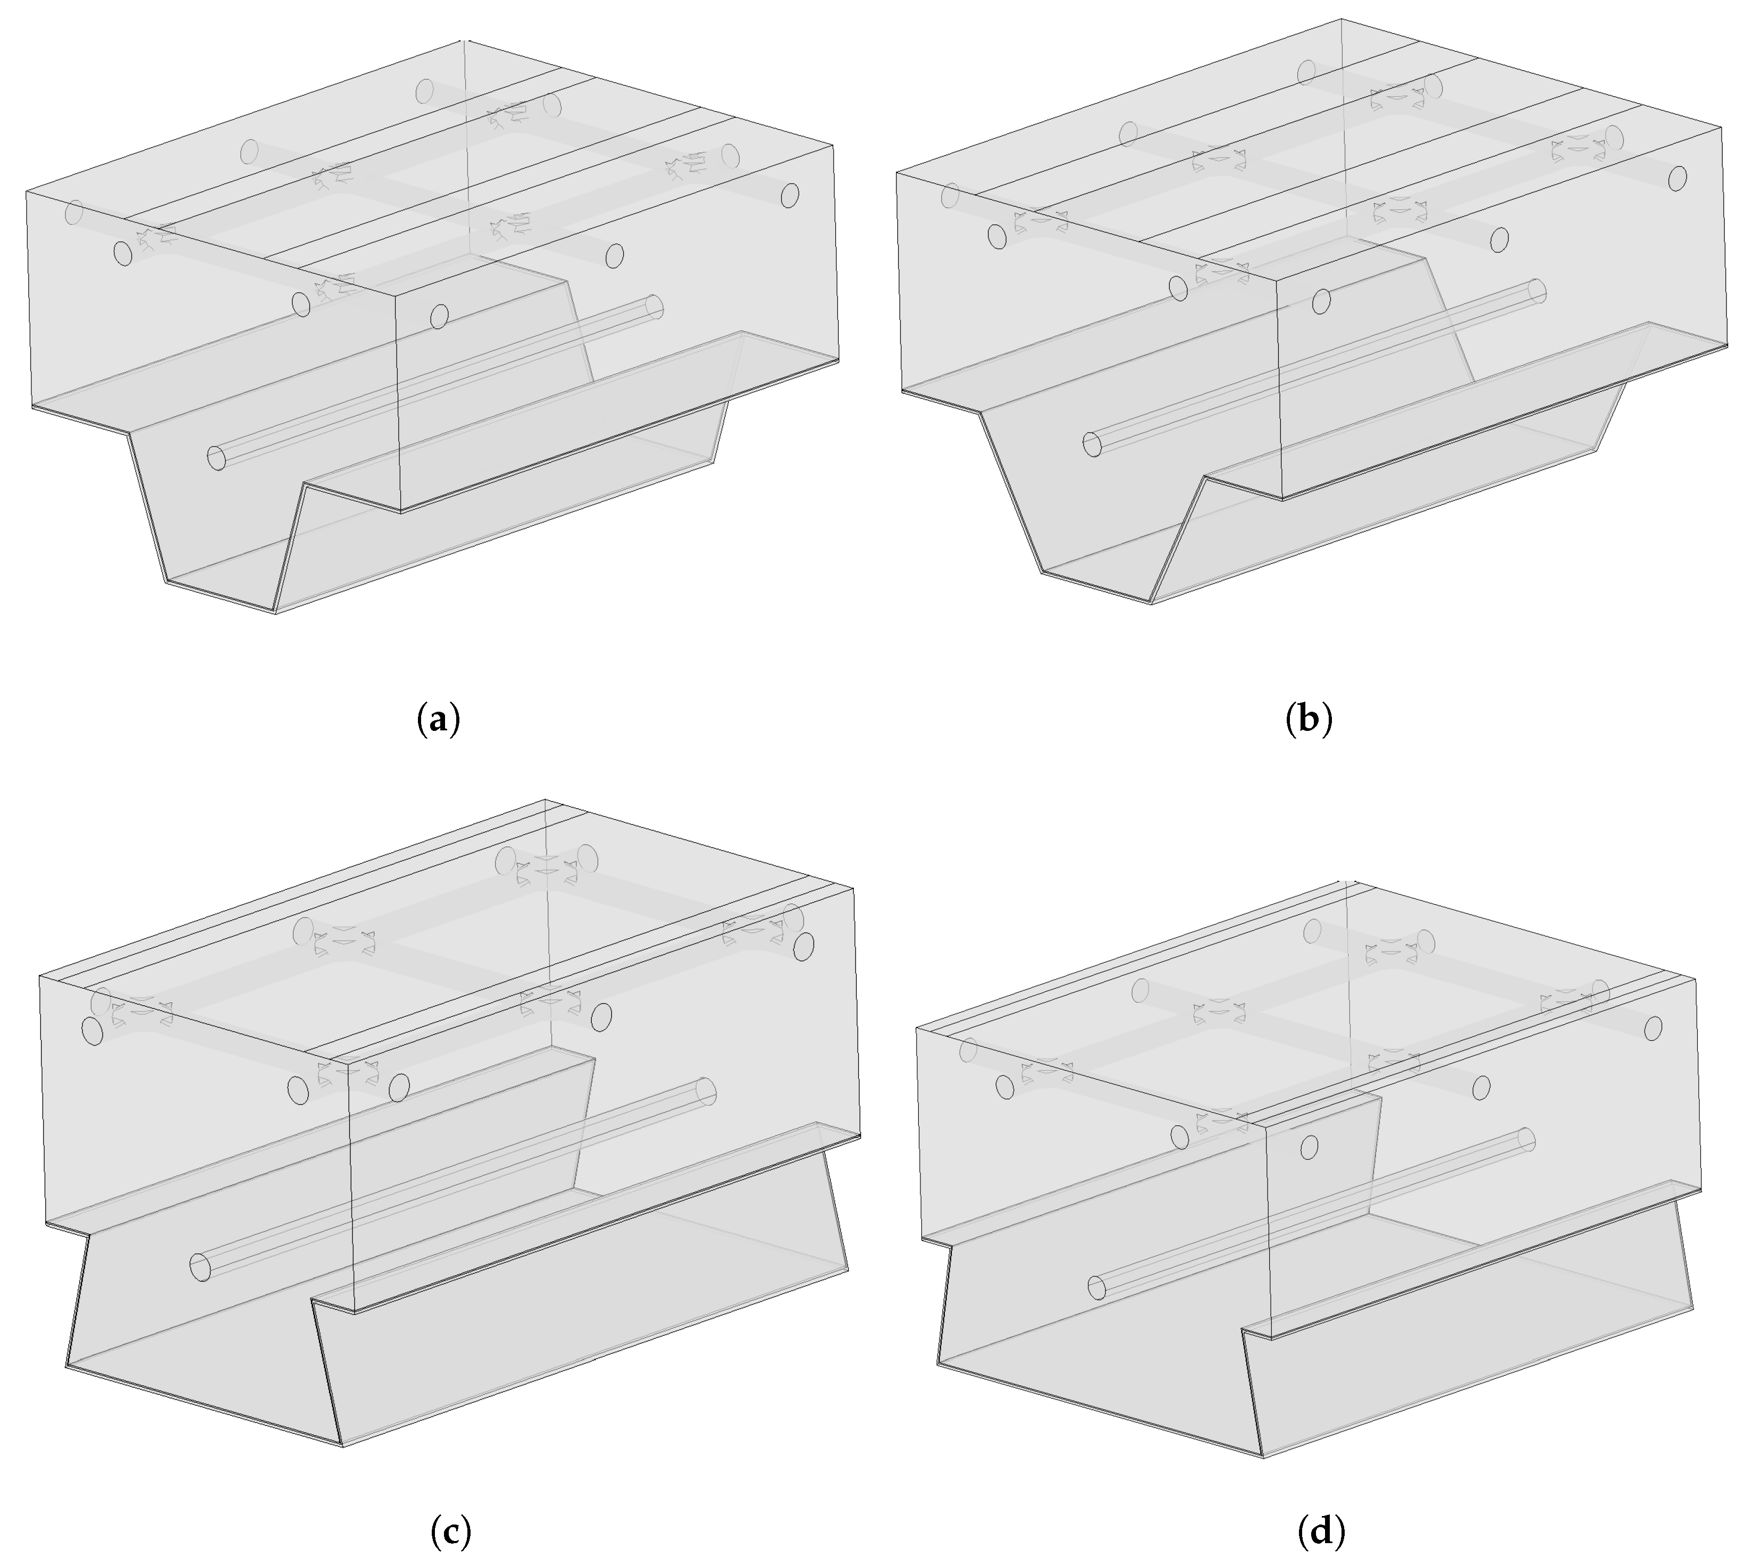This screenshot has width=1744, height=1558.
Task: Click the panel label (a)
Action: [x=438, y=719]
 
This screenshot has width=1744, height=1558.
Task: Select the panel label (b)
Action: [x=1309, y=719]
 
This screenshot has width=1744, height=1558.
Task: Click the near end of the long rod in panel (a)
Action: [x=216, y=458]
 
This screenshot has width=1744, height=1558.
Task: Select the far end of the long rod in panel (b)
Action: [x=1537, y=291]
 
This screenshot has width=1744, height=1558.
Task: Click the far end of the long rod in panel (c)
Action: [x=706, y=1091]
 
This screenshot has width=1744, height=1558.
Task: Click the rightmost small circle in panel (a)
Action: [x=790, y=195]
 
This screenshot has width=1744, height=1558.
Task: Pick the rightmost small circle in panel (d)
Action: [x=1653, y=1028]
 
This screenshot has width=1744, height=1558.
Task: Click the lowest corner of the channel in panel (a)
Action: [x=275, y=613]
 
